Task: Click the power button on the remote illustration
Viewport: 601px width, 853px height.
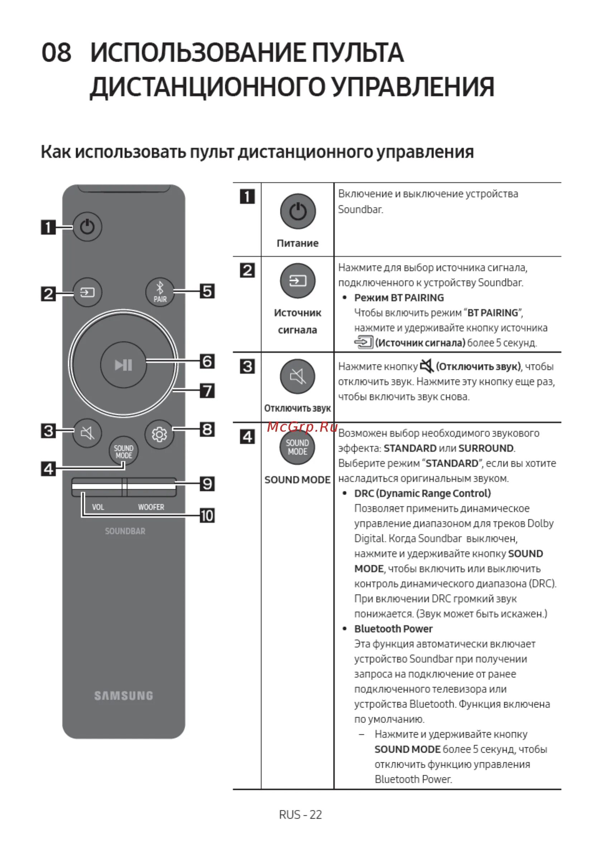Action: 87,227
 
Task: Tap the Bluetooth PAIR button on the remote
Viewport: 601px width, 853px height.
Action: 160,292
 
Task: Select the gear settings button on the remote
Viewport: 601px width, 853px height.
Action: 159,434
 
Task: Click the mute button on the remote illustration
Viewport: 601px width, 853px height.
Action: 87,432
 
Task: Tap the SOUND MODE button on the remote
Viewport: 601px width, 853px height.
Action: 123,451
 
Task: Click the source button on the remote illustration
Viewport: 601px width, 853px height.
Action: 87,292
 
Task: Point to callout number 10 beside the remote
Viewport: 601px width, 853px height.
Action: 207,516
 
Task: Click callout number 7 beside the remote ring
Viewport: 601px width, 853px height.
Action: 207,391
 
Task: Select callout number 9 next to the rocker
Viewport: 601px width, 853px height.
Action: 207,484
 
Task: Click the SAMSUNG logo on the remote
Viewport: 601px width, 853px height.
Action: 123,696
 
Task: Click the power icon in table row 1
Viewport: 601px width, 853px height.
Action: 298,211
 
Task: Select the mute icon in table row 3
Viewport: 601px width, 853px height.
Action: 297,377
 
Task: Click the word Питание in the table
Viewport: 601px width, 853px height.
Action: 297,243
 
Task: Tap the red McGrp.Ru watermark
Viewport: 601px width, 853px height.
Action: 302,427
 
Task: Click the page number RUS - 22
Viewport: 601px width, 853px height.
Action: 300,815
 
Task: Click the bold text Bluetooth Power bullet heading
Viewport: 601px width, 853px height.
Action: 393,629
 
